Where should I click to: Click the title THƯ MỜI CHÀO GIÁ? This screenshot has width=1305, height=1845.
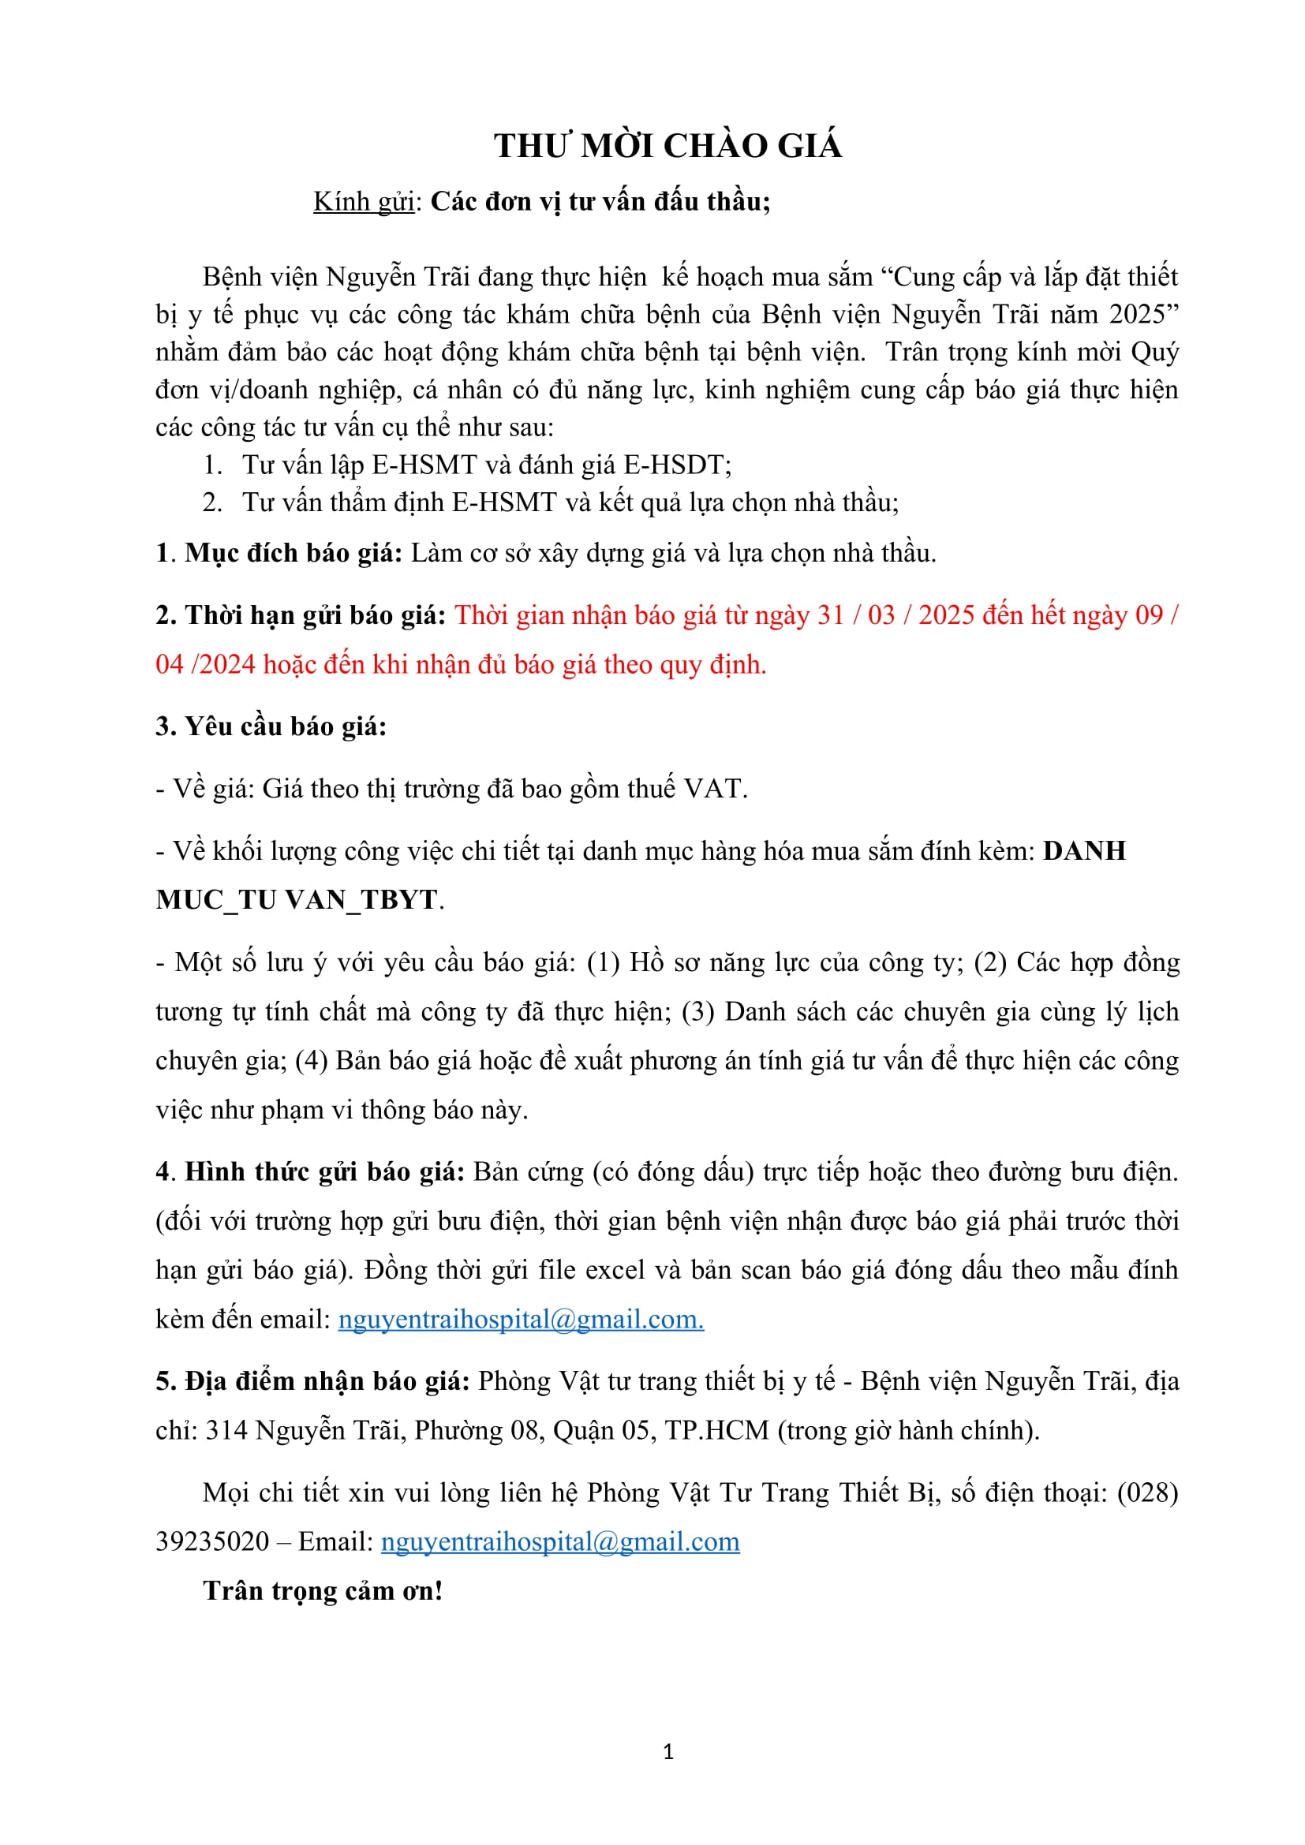pos(667,145)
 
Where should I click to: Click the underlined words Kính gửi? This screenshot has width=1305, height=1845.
pos(363,201)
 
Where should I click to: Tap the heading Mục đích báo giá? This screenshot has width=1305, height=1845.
pos(294,553)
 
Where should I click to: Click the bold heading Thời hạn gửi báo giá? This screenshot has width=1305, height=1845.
pos(301,614)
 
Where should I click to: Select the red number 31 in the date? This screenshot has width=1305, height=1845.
pos(830,614)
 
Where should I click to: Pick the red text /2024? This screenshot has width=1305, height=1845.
pos(222,663)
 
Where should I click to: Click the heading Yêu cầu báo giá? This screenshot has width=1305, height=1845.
pos(271,726)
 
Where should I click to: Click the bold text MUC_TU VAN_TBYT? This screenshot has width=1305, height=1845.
pos(297,899)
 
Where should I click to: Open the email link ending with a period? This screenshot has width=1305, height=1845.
pos(521,1319)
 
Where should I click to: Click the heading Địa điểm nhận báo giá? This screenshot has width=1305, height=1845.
pos(312,1380)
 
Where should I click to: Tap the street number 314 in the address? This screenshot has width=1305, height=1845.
pos(226,1429)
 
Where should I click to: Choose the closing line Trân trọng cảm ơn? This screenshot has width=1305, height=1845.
pos(322,1590)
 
